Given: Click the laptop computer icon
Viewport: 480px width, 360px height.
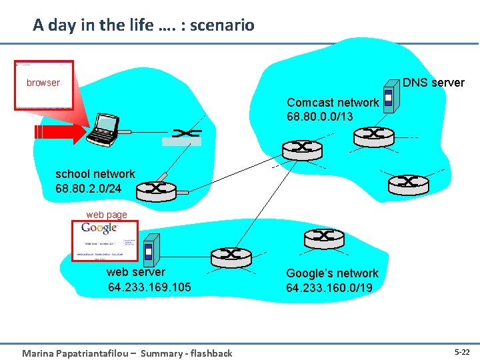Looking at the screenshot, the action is click(x=105, y=129).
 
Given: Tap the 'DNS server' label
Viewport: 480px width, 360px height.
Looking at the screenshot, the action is click(x=433, y=83).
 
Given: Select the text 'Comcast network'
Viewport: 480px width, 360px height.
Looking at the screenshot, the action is click(x=333, y=103).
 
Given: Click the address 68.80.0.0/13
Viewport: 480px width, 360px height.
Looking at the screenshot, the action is click(x=320, y=117).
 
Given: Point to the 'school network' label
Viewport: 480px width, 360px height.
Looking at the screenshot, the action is click(x=95, y=174).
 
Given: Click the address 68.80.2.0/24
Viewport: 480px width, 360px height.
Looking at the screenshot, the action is click(x=89, y=189).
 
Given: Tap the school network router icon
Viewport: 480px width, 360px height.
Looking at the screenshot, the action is click(x=156, y=191).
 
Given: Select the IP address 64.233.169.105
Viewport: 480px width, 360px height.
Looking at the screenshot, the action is click(x=149, y=287).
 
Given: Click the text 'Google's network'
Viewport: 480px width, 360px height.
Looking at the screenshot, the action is click(x=332, y=273).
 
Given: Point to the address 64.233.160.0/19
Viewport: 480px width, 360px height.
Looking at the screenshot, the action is click(x=329, y=288).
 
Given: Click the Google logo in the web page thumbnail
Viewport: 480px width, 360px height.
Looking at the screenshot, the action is click(x=99, y=229).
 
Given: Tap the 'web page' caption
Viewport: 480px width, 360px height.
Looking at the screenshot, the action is click(x=107, y=215).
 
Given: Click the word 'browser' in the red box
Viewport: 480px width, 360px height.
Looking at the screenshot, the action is click(x=43, y=83).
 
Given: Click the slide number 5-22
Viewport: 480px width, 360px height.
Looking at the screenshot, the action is click(x=462, y=351).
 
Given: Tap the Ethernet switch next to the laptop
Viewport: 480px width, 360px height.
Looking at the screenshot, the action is click(x=181, y=135).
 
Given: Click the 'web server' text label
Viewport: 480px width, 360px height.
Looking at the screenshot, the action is click(x=135, y=272).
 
